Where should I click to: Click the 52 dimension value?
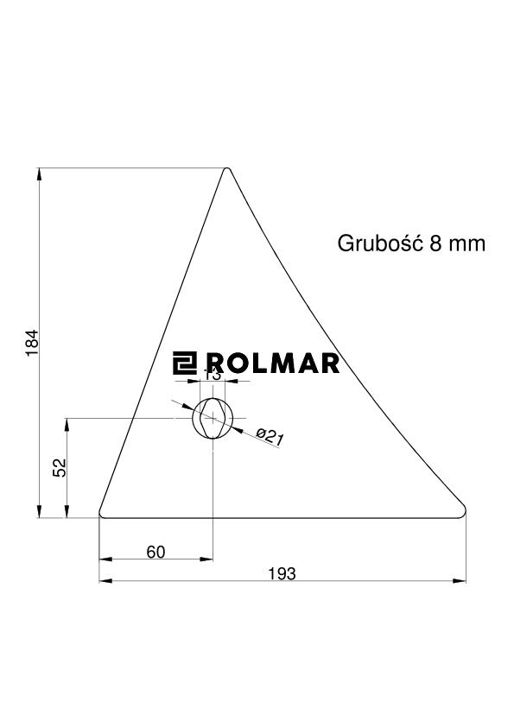(60, 468)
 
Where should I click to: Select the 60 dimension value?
(155, 552)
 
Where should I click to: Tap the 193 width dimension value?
(282, 573)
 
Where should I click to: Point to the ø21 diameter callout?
(270, 437)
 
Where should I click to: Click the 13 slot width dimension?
(213, 374)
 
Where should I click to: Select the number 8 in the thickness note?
(434, 243)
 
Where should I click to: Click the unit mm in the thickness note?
(466, 243)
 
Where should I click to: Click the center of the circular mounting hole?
(213, 419)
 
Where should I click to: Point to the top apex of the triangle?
(227, 169)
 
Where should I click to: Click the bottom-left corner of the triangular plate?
(102, 515)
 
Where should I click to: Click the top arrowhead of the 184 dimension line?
(40, 174)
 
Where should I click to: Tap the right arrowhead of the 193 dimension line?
(461, 581)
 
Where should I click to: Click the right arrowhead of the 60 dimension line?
(207, 559)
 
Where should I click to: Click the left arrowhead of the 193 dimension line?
(105, 581)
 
